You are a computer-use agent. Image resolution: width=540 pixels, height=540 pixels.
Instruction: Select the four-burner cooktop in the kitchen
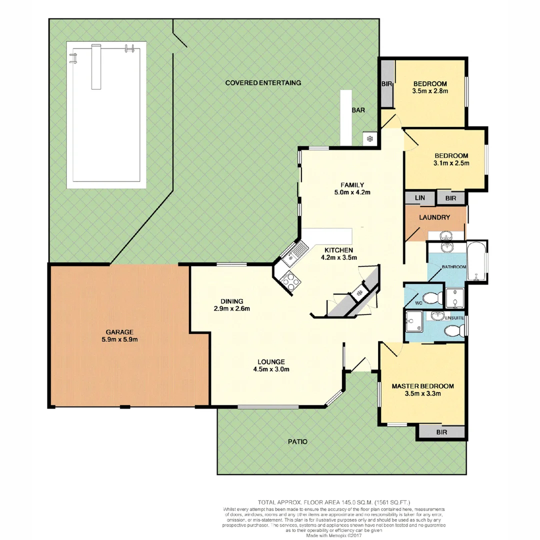pos(289,280)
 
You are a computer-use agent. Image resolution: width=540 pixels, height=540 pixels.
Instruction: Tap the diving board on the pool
pos(96,66)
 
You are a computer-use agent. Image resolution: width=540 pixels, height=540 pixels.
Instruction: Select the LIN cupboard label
pos(420,198)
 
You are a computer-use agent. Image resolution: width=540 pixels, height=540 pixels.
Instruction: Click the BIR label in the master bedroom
pos(441,432)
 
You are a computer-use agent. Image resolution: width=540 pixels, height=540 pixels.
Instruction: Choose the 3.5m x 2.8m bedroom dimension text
pos(429,91)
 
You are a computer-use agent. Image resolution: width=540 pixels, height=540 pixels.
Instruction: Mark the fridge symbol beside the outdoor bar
pos(370,138)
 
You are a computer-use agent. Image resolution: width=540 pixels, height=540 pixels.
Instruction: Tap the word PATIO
pos(297,442)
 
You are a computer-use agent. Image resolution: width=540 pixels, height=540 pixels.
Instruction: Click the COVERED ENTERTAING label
pos(263,83)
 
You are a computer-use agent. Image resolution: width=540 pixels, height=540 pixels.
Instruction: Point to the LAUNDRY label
pos(434,218)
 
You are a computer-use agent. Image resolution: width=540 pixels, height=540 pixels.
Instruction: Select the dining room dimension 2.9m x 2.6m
pos(231,308)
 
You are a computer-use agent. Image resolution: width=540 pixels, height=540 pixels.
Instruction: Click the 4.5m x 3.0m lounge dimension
pos(271,369)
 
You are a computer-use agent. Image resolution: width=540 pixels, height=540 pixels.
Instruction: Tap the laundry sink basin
pos(446,235)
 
